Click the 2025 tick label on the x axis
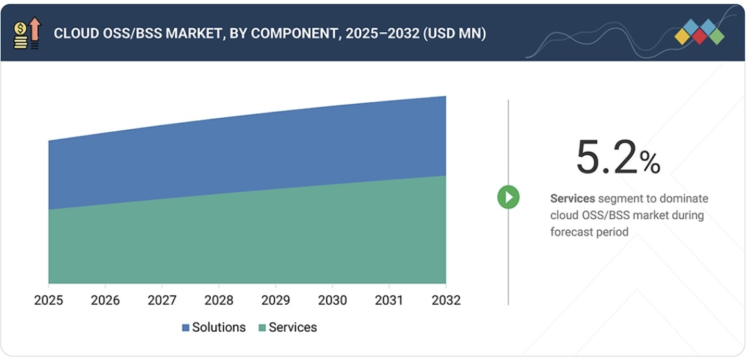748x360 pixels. [x=49, y=300]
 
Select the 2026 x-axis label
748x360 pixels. [x=105, y=300]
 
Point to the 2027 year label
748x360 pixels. [x=162, y=300]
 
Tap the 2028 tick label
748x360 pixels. [x=218, y=300]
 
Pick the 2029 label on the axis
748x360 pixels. [x=276, y=300]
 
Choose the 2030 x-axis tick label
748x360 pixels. [x=332, y=300]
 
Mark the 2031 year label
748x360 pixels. [x=389, y=300]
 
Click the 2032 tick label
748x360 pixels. [x=445, y=300]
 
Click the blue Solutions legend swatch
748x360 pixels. [x=186, y=328]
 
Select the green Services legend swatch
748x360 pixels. [x=262, y=328]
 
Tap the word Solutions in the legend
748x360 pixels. [x=218, y=327]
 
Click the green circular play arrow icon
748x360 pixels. [x=508, y=197]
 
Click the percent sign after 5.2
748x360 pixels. [x=650, y=163]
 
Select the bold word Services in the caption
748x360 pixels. [x=573, y=199]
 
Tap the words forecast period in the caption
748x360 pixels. [x=589, y=231]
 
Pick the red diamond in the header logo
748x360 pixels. [x=700, y=37]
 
